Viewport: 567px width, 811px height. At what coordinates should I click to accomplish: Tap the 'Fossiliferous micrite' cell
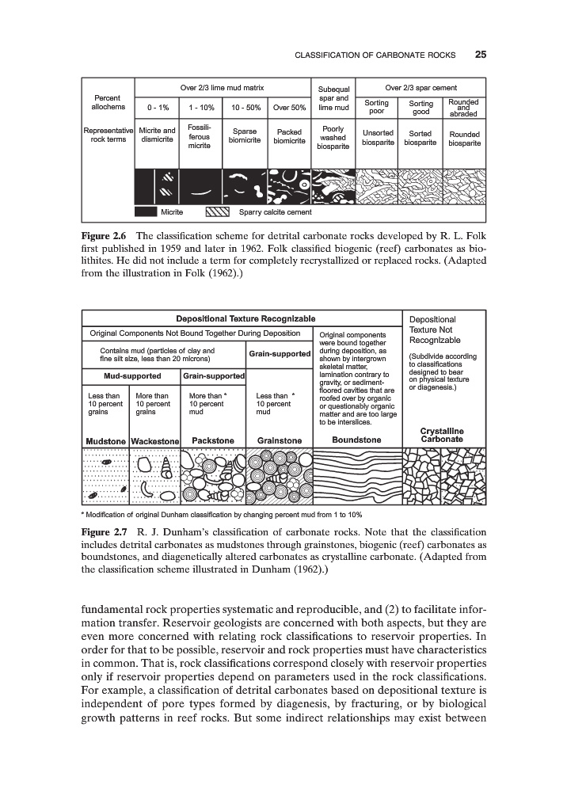[199, 137]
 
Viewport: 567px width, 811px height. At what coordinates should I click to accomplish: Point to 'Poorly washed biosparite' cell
[333, 137]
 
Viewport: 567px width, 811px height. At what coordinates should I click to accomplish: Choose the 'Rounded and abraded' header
[463, 107]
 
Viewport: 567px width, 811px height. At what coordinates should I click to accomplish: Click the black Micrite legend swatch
[145, 211]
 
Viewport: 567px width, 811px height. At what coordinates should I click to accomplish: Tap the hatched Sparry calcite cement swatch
[217, 211]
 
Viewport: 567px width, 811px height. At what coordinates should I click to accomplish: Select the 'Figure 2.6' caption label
[106, 236]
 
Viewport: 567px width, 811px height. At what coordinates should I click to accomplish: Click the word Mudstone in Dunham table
[106, 440]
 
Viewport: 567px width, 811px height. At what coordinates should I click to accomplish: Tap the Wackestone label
[155, 440]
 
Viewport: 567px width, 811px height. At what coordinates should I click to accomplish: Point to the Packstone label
[213, 440]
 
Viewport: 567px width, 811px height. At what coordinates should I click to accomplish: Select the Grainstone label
[280, 440]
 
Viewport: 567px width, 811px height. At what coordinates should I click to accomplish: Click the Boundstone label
[356, 440]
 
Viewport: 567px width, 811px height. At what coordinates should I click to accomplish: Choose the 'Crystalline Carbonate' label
[442, 435]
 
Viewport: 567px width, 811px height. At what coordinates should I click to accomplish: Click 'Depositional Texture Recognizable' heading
[240, 318]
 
